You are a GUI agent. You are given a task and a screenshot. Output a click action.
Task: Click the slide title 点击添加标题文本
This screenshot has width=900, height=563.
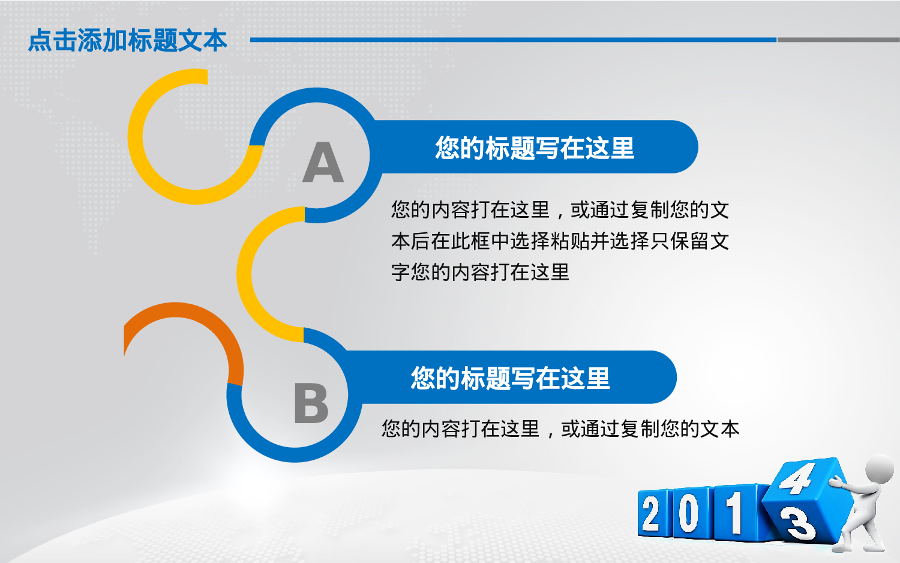click(x=127, y=40)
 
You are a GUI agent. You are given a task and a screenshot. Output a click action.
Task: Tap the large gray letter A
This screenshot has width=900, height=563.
click(x=323, y=163)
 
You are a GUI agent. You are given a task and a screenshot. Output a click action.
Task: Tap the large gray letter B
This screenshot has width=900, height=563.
click(x=311, y=403)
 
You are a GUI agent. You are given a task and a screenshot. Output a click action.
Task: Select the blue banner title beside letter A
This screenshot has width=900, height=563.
click(x=535, y=148)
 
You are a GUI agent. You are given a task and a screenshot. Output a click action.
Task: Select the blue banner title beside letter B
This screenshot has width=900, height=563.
click(x=511, y=378)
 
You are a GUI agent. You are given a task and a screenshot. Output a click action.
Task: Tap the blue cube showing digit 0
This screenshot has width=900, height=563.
click(x=691, y=513)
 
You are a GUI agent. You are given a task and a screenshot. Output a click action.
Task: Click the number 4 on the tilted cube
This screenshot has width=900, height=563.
click(x=797, y=478)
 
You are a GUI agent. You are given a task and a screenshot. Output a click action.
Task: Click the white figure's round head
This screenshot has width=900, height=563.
click(x=878, y=469)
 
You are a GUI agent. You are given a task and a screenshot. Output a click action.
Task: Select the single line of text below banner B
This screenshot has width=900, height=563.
click(x=560, y=429)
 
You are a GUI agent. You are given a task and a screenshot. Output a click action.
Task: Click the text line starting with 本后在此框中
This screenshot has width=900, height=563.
click(x=560, y=241)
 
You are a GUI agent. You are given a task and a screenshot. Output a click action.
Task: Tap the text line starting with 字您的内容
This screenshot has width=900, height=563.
click(x=480, y=272)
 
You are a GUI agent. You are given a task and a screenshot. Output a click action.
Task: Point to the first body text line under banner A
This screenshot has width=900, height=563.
click(x=560, y=209)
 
